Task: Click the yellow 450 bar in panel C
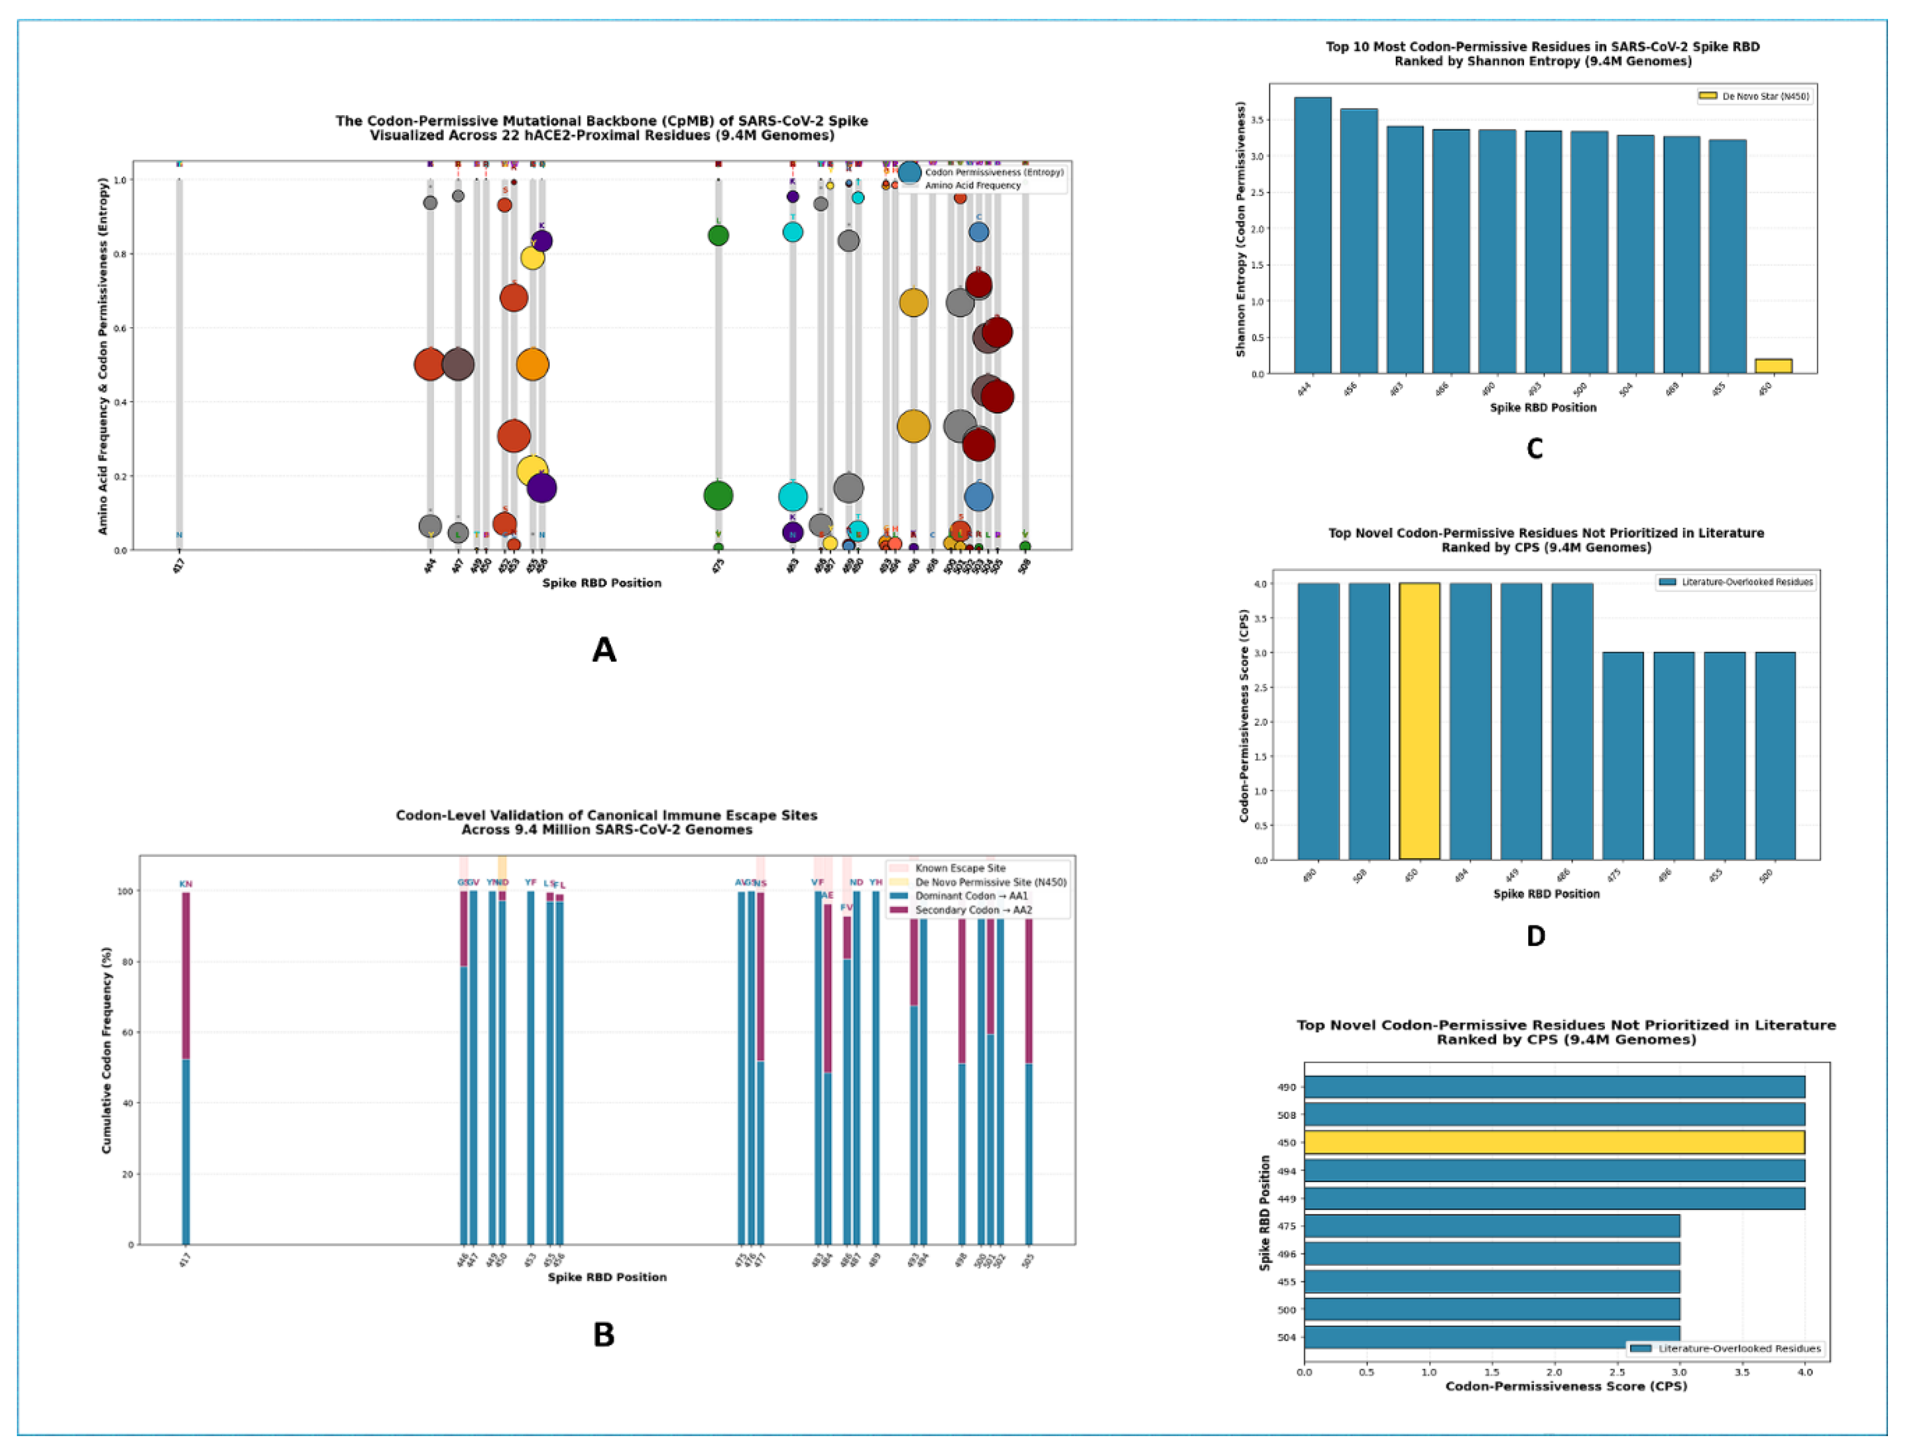click(1773, 366)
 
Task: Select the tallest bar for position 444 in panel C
click(1312, 235)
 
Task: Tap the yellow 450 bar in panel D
click(1420, 721)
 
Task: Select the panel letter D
click(1535, 936)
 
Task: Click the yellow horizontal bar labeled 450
click(1554, 1142)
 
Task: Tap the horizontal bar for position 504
click(1491, 1337)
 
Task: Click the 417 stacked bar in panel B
click(185, 1068)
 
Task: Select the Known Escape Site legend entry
click(959, 868)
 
